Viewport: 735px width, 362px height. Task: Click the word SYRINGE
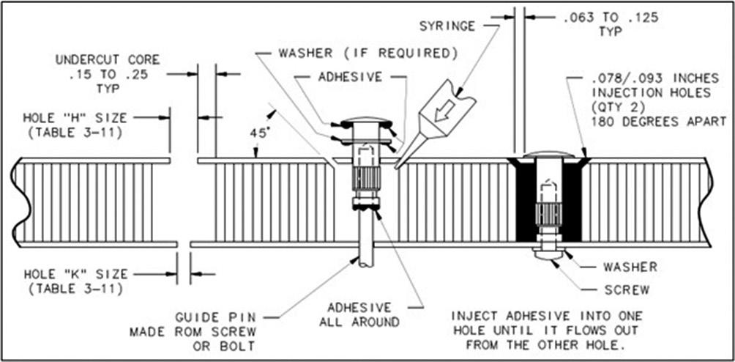[447, 26]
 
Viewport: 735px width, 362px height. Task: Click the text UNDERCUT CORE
[108, 59]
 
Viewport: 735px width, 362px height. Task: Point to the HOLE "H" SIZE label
[74, 117]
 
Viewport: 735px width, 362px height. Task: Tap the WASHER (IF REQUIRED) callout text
[368, 53]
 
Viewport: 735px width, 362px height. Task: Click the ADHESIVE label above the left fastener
[350, 76]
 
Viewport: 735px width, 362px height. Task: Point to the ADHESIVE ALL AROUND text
[359, 314]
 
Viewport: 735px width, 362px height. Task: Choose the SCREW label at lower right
[627, 289]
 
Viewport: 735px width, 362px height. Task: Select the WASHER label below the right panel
[630, 267]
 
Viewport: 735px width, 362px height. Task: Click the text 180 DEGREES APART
[657, 120]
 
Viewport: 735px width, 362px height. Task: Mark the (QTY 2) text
[610, 106]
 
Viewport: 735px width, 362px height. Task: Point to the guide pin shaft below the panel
[365, 250]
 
